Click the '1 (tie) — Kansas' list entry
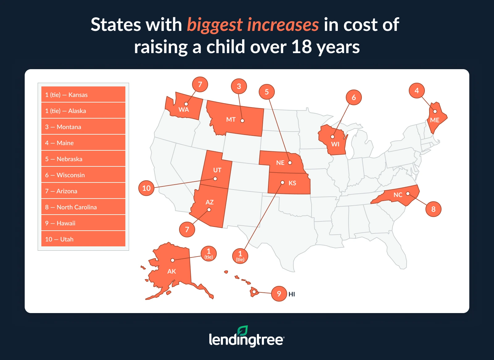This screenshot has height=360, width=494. pos(83,94)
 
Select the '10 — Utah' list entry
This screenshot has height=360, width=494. pos(83,239)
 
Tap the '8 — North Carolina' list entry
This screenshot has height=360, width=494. pos(83,207)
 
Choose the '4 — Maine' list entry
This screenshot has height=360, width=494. pos(83,143)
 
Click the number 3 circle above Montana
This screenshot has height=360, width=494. pos(239,86)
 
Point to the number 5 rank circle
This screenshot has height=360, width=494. pos(267,92)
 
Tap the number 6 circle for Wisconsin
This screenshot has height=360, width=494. pos(354,98)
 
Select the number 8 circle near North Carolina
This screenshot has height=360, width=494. pos(433,209)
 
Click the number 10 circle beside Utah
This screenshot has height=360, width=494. pos(146,188)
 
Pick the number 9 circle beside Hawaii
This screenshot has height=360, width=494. pos(279,294)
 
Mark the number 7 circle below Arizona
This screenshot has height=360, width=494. pos(187,229)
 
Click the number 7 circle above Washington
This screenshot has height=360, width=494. pos(200,85)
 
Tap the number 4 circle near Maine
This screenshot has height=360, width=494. pos(417,91)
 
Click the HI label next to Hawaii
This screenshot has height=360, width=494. pos(292,294)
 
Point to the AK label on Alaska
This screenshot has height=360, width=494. pos(172,271)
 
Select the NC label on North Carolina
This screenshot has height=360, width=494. pos(398,195)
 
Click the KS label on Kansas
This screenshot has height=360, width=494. pos(292,183)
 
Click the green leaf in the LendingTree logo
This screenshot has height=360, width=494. pos(243,331)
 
